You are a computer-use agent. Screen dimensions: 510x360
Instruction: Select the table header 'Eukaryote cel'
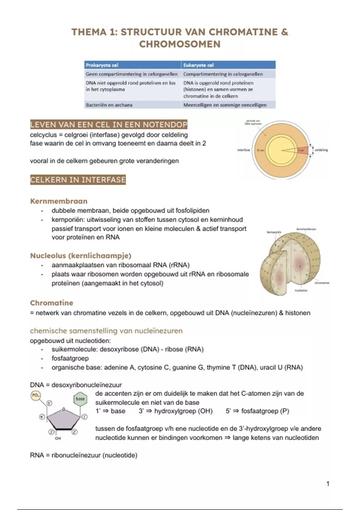click(198, 65)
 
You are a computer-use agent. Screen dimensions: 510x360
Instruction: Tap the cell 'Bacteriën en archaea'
click(109, 105)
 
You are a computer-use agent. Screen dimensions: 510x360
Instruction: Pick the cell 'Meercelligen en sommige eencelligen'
click(225, 105)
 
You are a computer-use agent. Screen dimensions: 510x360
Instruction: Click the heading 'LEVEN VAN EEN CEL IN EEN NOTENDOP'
click(109, 124)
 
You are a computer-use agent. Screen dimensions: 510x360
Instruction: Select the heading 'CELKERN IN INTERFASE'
click(78, 180)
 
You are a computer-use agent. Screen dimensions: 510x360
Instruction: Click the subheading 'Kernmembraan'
click(59, 201)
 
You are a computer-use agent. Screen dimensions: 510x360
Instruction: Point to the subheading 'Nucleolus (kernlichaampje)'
click(81, 256)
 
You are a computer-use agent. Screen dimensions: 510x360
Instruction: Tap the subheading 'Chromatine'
click(52, 303)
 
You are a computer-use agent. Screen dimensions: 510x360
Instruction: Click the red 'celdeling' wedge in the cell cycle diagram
click(303, 150)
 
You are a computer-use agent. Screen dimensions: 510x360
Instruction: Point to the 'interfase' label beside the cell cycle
click(244, 150)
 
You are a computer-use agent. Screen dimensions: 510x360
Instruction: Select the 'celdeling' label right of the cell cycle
click(321, 150)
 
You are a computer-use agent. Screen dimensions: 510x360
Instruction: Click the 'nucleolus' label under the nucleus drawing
click(301, 290)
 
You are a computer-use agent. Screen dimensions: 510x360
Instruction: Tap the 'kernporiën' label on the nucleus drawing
click(274, 232)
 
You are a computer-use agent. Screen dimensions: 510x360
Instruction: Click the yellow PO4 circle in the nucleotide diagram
click(35, 395)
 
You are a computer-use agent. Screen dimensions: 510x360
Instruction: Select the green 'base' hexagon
click(80, 399)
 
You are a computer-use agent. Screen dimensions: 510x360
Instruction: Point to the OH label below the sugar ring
click(58, 438)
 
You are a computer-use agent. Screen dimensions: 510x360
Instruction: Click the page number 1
click(328, 484)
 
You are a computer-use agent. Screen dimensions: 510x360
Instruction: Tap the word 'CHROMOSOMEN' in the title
click(180, 44)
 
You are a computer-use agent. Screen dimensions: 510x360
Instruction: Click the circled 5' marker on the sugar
click(49, 403)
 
